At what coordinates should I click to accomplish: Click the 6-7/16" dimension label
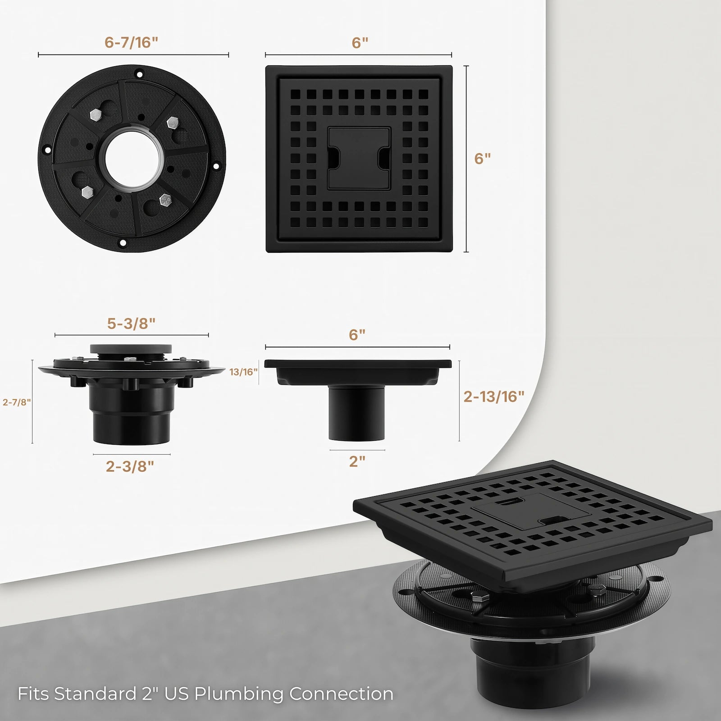[x=131, y=42]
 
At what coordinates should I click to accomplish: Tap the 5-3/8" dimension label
[x=131, y=324]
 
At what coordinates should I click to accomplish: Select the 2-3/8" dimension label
[x=130, y=466]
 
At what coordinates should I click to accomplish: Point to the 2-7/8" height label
[x=17, y=402]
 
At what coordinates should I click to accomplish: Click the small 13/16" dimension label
[x=244, y=372]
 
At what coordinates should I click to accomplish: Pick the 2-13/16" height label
[x=494, y=397]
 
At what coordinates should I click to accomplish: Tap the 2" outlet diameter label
[x=357, y=461]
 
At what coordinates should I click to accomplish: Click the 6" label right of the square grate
[x=482, y=159]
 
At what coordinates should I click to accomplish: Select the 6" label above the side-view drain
[x=357, y=335]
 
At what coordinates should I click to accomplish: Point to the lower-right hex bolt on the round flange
[x=165, y=200]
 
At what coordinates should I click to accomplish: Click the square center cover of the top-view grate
[x=359, y=158]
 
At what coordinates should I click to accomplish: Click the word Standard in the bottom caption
[x=95, y=694]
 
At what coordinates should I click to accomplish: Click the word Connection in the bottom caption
[x=341, y=694]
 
